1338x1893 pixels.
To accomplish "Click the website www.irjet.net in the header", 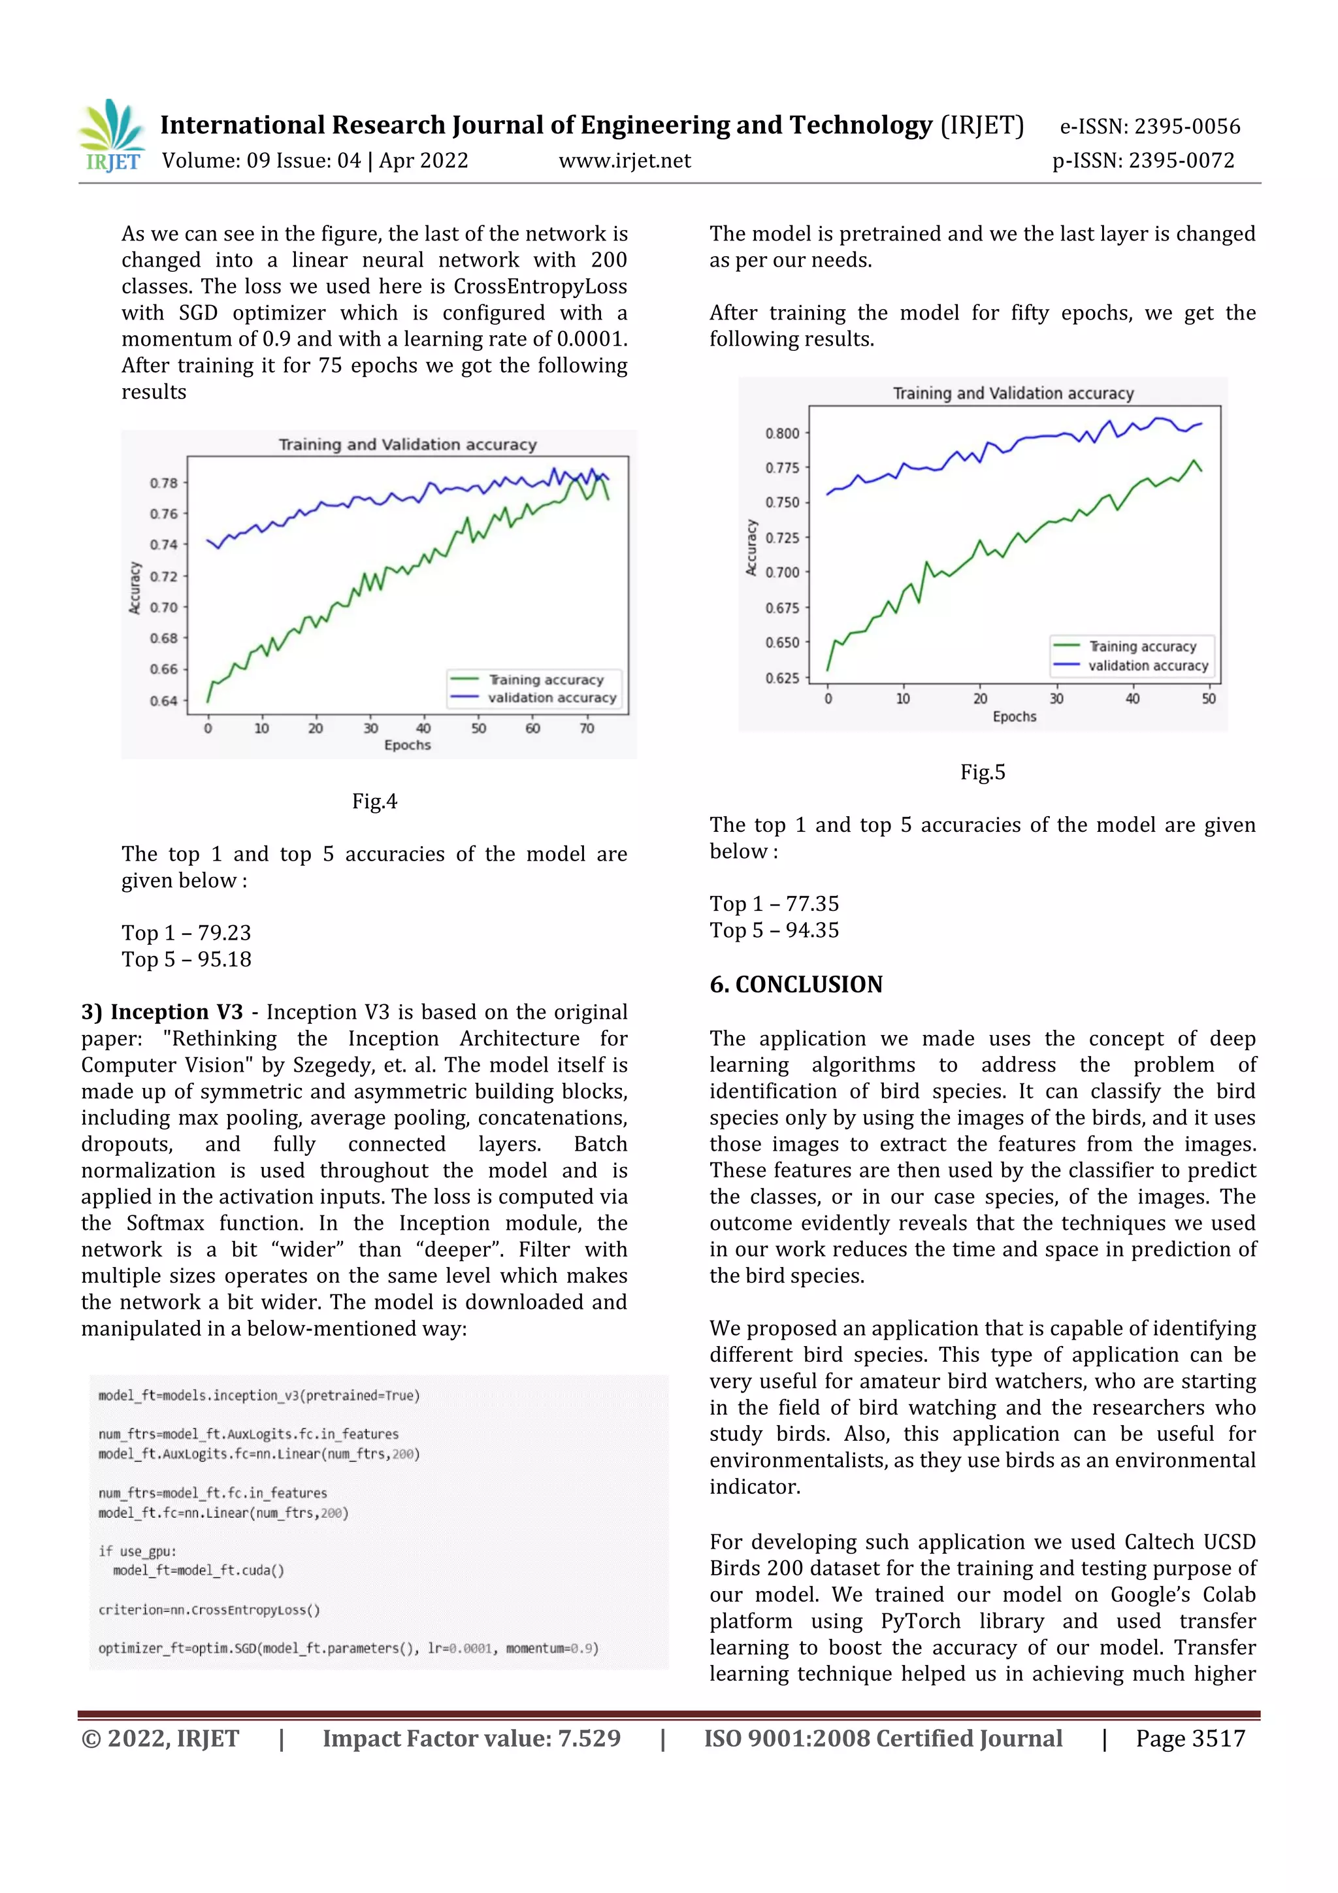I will tap(624, 161).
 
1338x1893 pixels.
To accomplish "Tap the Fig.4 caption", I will tap(374, 800).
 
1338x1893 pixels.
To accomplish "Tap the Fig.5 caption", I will tap(982, 772).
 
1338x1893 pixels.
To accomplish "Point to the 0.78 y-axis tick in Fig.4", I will tap(163, 482).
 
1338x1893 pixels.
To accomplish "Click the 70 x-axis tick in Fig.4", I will tap(586, 728).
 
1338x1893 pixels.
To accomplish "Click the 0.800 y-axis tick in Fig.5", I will tap(781, 433).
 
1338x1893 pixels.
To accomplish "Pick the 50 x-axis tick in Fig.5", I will tap(1208, 699).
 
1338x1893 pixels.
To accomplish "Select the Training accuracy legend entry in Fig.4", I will tap(545, 680).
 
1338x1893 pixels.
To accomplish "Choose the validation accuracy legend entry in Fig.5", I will tap(1147, 665).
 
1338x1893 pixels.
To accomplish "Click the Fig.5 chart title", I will tap(1013, 393).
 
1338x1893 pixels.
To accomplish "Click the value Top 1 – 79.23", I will tap(186, 932).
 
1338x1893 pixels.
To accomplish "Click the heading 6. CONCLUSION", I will tap(796, 985).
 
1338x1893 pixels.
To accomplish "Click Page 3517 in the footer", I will tap(1190, 1738).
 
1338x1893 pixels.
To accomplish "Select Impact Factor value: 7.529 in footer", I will tap(472, 1738).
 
